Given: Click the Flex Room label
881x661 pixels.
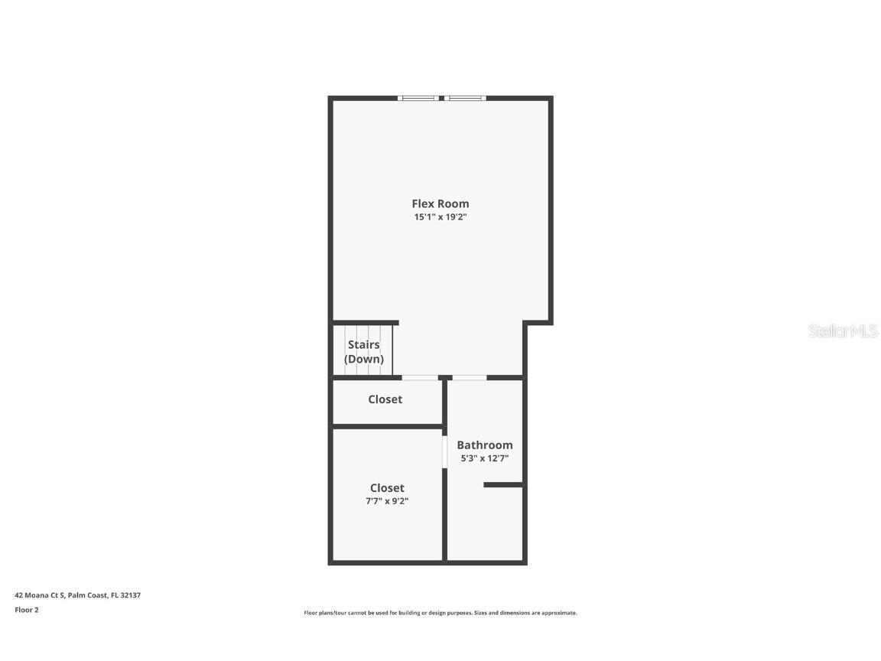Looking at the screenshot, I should (440, 204).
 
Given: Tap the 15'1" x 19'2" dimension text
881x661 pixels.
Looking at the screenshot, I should (440, 217).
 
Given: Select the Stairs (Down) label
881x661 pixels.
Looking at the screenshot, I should (364, 352).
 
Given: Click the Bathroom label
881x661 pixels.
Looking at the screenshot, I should (485, 445).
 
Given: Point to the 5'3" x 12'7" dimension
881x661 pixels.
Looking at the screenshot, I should (484, 458).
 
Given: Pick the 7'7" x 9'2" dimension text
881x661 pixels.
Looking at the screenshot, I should (387, 501).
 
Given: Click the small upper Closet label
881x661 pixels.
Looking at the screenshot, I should (385, 399).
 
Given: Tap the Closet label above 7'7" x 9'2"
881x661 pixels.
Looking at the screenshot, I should (387, 488).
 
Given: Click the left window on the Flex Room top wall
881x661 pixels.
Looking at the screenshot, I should (419, 98).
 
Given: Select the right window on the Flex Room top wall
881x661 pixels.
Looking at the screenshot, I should (466, 98).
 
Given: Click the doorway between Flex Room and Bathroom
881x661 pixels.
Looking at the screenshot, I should (470, 377).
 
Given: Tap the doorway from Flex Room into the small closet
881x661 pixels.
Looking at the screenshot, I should (420, 377).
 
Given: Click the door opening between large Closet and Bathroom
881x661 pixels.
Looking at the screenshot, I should (444, 451).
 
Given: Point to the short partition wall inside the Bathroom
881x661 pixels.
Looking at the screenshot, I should (503, 484).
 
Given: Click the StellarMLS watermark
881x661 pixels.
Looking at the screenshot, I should (843, 331).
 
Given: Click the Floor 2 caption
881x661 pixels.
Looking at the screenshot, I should (26, 610).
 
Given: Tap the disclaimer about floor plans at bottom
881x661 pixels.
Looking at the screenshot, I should (440, 613).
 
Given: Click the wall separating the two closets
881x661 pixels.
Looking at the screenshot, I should (387, 426).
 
